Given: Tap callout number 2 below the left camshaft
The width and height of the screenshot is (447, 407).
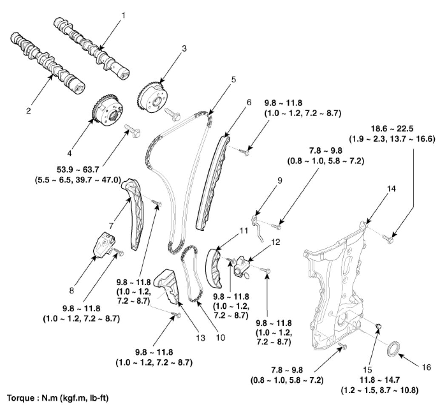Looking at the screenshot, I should [x=28, y=111].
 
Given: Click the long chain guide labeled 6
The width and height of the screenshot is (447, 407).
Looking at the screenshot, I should [x=211, y=183].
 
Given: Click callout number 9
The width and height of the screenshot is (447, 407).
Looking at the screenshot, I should [x=268, y=181].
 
